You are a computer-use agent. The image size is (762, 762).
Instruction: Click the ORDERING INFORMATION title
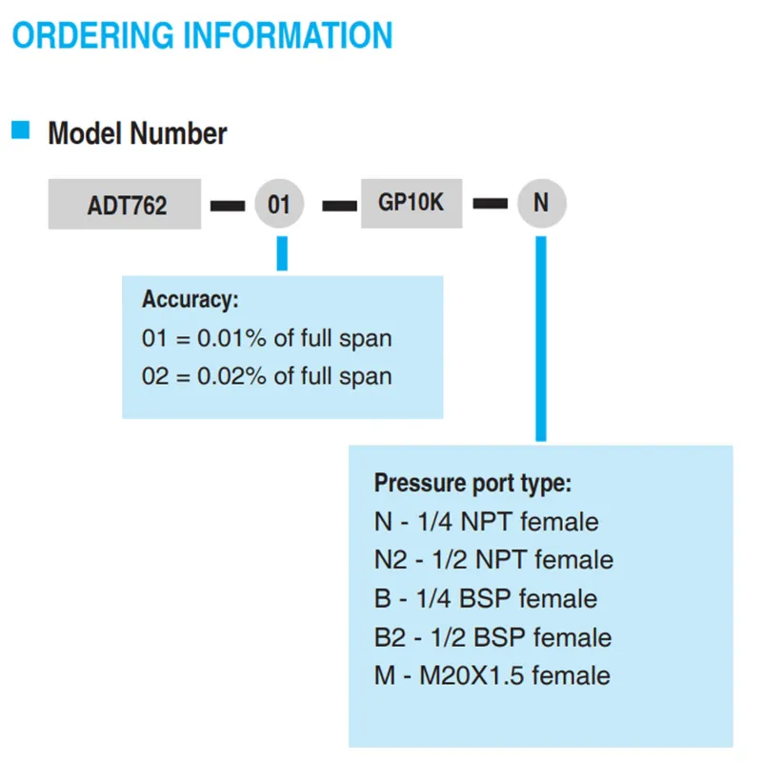(202, 35)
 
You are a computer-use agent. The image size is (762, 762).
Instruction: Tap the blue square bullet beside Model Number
(20, 130)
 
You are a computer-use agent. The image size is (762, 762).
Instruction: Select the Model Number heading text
(137, 133)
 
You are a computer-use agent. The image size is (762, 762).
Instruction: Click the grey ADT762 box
(125, 204)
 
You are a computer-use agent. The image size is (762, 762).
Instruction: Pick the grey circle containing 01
(279, 203)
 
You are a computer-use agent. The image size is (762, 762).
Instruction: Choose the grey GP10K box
(411, 203)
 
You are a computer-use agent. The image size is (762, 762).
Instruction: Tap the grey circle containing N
(541, 203)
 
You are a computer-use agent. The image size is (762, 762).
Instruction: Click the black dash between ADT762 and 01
(228, 206)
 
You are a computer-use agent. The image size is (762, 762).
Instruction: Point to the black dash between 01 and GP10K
(340, 206)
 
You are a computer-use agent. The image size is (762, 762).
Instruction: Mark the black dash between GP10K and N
(491, 203)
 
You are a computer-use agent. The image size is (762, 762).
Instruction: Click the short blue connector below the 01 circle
(282, 253)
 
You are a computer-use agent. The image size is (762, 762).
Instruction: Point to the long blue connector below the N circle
(541, 339)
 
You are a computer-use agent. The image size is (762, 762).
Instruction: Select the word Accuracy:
(190, 300)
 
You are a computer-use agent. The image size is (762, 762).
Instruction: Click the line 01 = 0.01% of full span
(267, 338)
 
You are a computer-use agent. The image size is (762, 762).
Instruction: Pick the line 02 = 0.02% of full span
(267, 376)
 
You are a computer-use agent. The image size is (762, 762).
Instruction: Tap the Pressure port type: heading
(472, 484)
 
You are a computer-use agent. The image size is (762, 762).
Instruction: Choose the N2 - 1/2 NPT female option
(493, 560)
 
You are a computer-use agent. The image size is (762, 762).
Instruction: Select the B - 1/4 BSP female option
(486, 598)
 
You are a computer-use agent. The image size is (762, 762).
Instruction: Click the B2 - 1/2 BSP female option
(492, 637)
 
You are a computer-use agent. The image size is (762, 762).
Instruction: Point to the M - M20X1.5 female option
(492, 675)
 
